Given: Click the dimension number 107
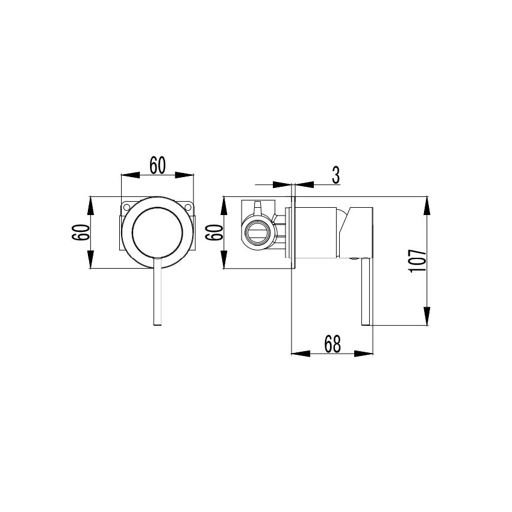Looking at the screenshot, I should point(419,261).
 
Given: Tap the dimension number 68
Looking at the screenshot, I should point(332,343).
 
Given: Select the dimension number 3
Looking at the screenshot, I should point(336,175).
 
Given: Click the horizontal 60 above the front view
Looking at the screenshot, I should point(158,165).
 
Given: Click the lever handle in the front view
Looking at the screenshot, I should point(158,295).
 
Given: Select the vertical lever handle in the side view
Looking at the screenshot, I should point(364,292).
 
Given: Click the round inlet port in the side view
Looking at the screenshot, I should point(258,232).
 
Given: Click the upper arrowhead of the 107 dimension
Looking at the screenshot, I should point(426,205).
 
